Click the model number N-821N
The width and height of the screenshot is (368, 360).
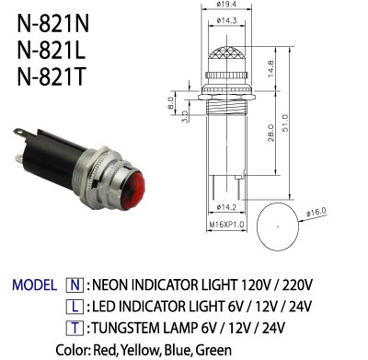[52, 24]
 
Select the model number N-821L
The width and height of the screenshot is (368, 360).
[51, 51]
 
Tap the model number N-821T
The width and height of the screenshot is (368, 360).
[51, 76]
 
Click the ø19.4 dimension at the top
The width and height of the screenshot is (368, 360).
[226, 4]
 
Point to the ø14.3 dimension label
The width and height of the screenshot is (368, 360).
[226, 20]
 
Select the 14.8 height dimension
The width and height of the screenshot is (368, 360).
[270, 68]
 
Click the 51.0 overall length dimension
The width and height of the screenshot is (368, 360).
[285, 123]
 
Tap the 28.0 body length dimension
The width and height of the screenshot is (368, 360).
[270, 133]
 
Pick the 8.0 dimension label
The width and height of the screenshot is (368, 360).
[170, 103]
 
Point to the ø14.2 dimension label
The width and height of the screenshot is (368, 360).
[226, 207]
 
